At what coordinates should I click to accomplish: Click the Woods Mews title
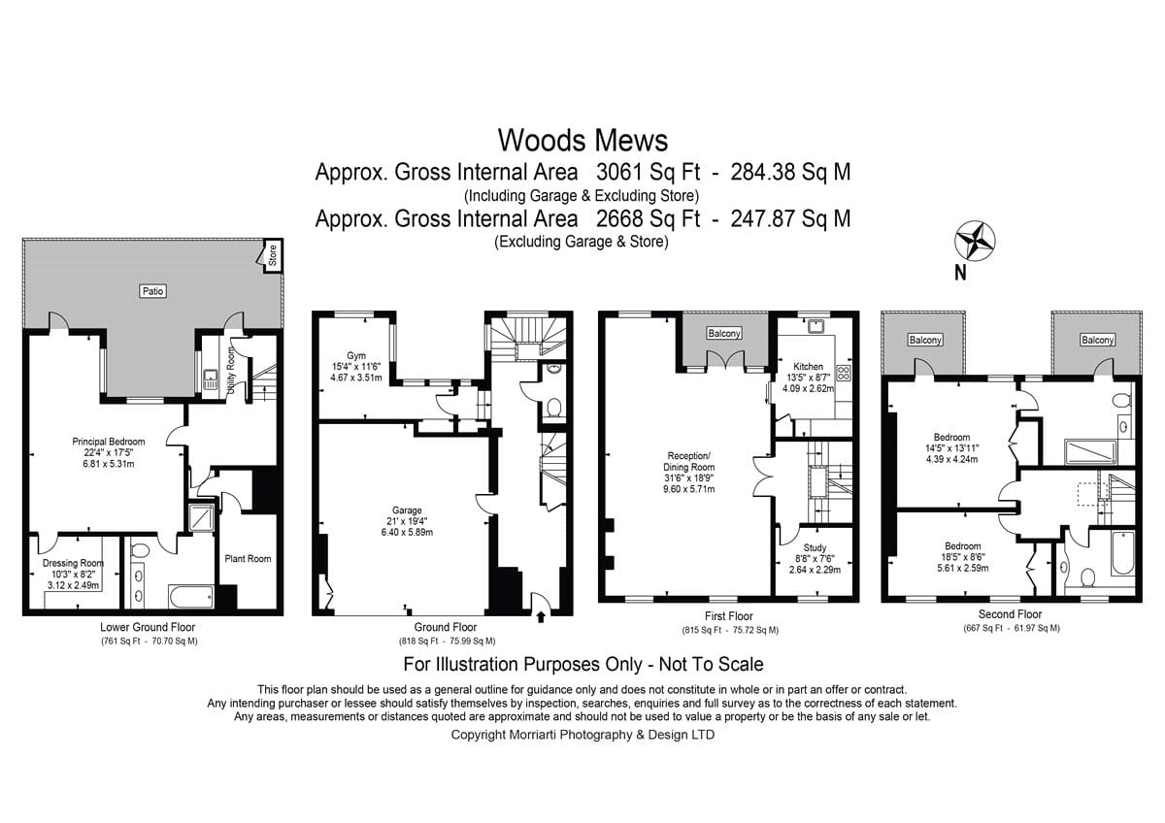pos(582,141)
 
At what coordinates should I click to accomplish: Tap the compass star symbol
pos(975,240)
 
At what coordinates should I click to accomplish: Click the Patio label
pos(153,290)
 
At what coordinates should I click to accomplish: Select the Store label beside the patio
pos(273,255)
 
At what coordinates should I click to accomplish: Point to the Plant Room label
pos(248,559)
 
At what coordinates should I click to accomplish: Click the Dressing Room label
pos(73,563)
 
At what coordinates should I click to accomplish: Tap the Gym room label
pos(356,355)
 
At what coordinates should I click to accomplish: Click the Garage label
pos(407,510)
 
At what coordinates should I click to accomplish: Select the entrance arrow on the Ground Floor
pos(541,617)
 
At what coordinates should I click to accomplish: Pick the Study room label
pos(815,547)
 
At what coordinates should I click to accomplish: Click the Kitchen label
pos(808,367)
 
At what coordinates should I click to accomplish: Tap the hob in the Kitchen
pos(843,373)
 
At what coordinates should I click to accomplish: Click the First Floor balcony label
pos(724,333)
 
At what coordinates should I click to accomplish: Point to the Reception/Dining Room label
pos(688,462)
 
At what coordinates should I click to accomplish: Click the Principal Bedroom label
pos(108,442)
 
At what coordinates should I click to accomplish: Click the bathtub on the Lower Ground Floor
pos(190,597)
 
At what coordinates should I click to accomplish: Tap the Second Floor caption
pos(1010,614)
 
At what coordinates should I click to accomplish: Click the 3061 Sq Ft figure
pos(649,172)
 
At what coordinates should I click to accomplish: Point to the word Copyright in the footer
pos(479,735)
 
